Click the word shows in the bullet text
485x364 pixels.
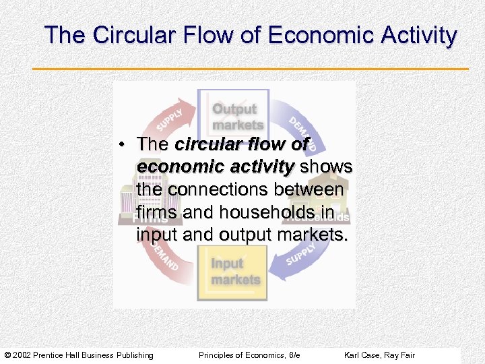(x=326, y=167)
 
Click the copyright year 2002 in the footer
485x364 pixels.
(x=25, y=355)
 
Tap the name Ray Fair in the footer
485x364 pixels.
(x=401, y=355)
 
